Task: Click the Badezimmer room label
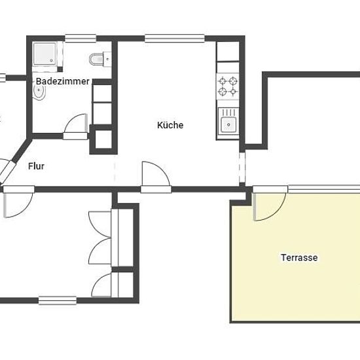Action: coord(62,81)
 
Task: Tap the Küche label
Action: coord(170,125)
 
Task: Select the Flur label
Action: coord(36,166)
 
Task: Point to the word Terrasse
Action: coord(299,257)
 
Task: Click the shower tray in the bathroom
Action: coord(45,54)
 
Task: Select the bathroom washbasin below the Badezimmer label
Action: coord(39,92)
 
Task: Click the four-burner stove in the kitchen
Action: coord(228,86)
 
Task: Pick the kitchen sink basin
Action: coord(228,124)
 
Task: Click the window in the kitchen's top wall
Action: coord(175,39)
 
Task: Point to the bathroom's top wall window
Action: coord(80,39)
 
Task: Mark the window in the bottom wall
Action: coord(58,300)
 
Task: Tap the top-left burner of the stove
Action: coord(223,81)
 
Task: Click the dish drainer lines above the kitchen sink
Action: coord(228,112)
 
